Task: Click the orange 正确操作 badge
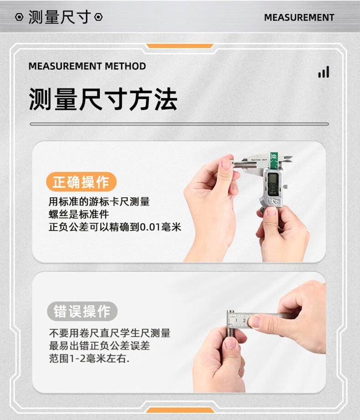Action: click(81, 182)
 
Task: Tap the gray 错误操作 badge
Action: click(82, 311)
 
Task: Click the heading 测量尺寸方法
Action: click(103, 99)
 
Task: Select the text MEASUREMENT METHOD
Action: click(87, 66)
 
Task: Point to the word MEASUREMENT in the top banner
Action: click(299, 17)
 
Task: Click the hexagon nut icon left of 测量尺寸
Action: click(19, 17)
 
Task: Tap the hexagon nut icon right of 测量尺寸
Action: click(98, 17)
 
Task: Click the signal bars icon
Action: click(324, 72)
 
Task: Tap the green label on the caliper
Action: click(274, 161)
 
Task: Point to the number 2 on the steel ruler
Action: click(244, 320)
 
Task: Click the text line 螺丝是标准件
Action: click(79, 214)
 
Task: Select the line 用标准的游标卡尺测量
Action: click(99, 201)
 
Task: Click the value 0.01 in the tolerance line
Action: click(150, 227)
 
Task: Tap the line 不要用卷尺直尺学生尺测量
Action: click(110, 333)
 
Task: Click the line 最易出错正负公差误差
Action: click(99, 346)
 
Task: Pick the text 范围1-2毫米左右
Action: click(89, 359)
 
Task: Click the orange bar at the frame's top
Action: click(180, 46)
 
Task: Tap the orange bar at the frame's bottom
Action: click(180, 410)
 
